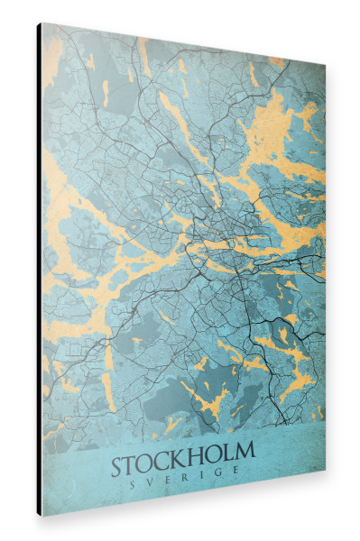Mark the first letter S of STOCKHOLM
coord(120,469)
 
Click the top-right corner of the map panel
coord(325,68)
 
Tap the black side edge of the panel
coord(39,270)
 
